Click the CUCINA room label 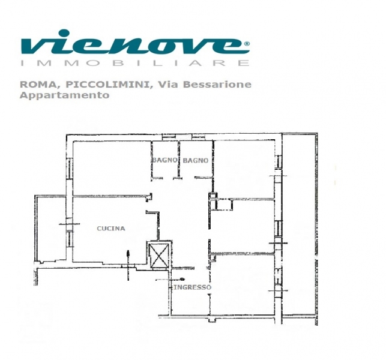coord(111,229)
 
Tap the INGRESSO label coord(192,287)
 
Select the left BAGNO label coord(164,160)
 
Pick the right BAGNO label coord(196,160)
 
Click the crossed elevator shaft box coord(158,254)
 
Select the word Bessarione coord(217,85)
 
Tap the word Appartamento coord(64,95)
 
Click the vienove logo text coord(135,42)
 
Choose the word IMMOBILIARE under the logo coord(134,63)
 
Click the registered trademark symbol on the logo coord(247,44)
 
